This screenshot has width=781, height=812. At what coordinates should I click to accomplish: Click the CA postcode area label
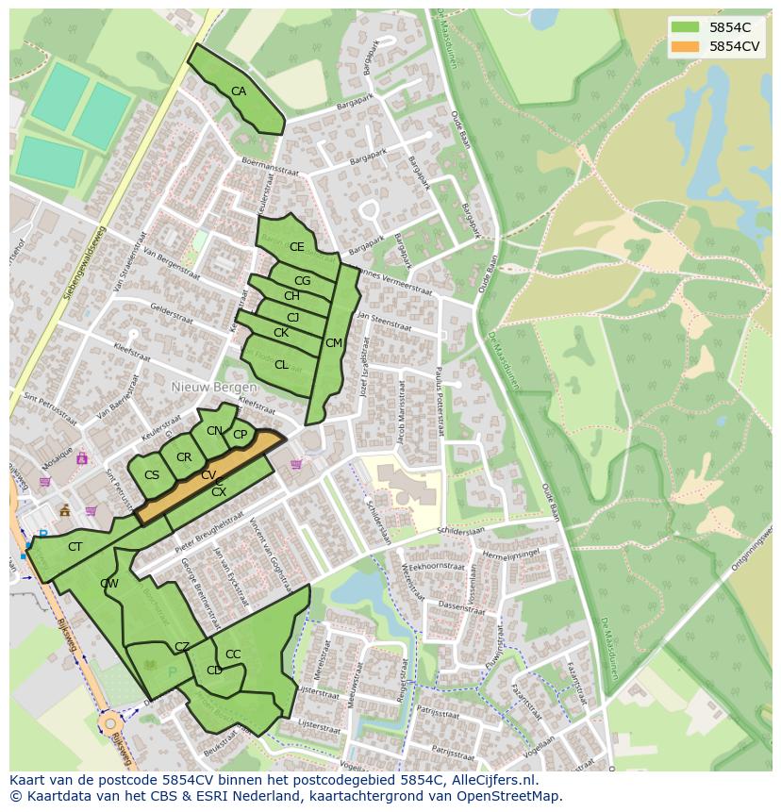click(239, 91)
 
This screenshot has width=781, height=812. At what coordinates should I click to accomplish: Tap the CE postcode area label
click(297, 247)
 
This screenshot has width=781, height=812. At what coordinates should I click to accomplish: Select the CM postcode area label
click(334, 343)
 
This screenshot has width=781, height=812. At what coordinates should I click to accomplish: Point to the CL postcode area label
click(281, 365)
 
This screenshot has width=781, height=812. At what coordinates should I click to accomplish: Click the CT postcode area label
click(75, 547)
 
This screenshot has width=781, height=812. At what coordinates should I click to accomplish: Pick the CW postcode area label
click(109, 584)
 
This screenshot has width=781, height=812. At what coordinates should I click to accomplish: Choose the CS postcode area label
click(152, 475)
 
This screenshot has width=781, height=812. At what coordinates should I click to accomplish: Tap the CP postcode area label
click(241, 435)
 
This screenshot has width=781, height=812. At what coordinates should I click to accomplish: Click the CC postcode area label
click(233, 655)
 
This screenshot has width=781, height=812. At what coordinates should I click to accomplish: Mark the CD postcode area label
click(214, 671)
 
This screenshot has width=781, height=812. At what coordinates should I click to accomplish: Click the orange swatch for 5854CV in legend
click(686, 45)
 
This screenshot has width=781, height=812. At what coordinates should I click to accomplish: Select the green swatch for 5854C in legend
click(686, 27)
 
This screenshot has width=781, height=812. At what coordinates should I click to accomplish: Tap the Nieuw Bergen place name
click(214, 388)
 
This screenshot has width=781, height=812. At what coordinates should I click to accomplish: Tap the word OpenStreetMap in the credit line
click(509, 796)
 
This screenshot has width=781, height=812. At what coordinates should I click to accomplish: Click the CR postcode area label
click(184, 457)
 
